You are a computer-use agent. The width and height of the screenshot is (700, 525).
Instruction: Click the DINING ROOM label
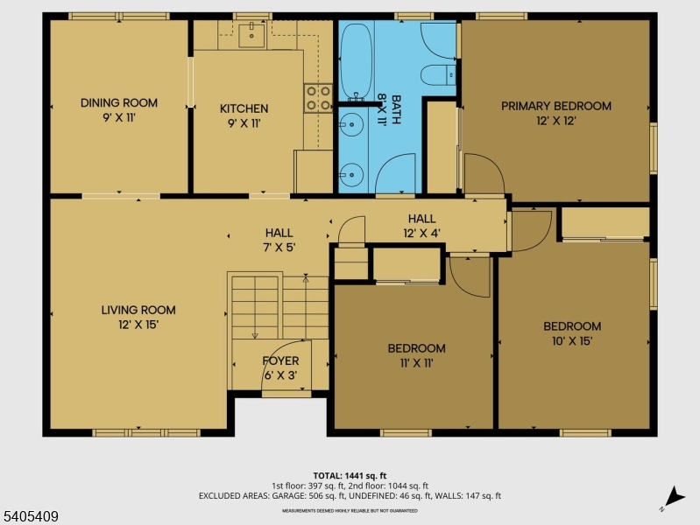point(118,102)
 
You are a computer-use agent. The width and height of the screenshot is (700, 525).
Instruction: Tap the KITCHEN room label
point(244,108)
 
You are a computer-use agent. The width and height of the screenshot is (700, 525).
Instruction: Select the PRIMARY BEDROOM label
point(555,106)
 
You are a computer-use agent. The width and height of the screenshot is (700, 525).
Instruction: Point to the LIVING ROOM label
point(138,310)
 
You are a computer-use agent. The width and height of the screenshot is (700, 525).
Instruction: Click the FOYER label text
point(280,360)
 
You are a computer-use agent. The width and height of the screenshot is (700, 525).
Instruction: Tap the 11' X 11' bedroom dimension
point(416,363)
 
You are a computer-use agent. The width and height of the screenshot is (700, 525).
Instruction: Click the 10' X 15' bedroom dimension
point(571,341)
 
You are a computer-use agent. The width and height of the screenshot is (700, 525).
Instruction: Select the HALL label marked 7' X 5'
point(279,233)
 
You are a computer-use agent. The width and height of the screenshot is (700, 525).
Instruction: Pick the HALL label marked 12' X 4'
point(421,219)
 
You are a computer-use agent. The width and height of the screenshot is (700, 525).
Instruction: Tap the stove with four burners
point(317,97)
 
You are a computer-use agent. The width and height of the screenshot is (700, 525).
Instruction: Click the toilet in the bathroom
point(436,74)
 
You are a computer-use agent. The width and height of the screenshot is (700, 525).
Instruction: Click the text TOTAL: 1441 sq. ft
point(350,475)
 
